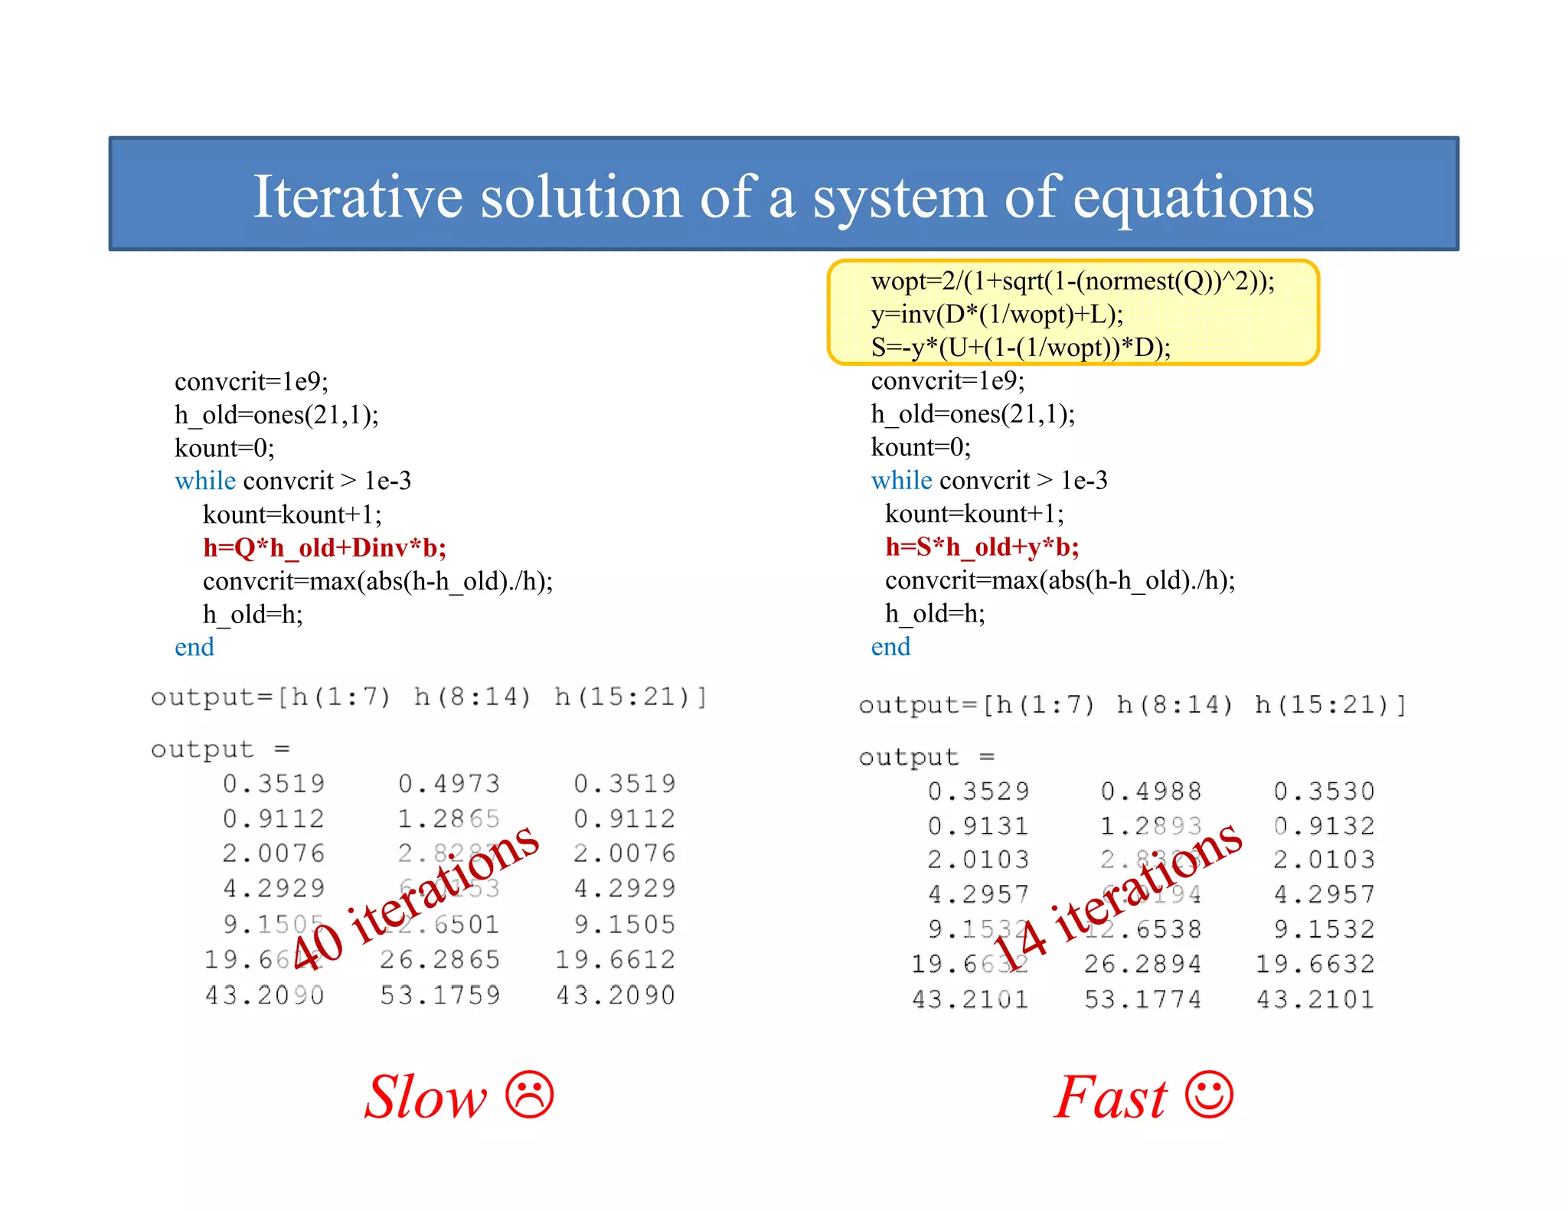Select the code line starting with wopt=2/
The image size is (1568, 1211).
click(1072, 282)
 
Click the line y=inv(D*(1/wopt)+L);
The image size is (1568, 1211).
click(997, 315)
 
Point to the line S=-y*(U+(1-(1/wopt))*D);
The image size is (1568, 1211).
click(1021, 348)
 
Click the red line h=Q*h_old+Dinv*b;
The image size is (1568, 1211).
click(325, 547)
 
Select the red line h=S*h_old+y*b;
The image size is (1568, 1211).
click(982, 547)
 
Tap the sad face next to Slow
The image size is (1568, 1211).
click(529, 1095)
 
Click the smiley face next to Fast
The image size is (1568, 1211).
click(1209, 1095)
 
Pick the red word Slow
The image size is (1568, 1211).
click(426, 1097)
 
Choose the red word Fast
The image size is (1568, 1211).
click(1110, 1097)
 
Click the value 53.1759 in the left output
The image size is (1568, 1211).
click(440, 995)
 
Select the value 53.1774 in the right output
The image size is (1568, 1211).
click(1143, 999)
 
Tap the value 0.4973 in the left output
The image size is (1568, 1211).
click(449, 784)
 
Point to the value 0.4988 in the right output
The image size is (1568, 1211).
click(1151, 791)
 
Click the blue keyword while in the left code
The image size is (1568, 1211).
click(205, 481)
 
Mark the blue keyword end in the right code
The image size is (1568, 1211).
click(890, 647)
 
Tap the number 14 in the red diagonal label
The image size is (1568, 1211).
click(1018, 948)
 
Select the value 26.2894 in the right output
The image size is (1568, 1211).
click(1143, 964)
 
